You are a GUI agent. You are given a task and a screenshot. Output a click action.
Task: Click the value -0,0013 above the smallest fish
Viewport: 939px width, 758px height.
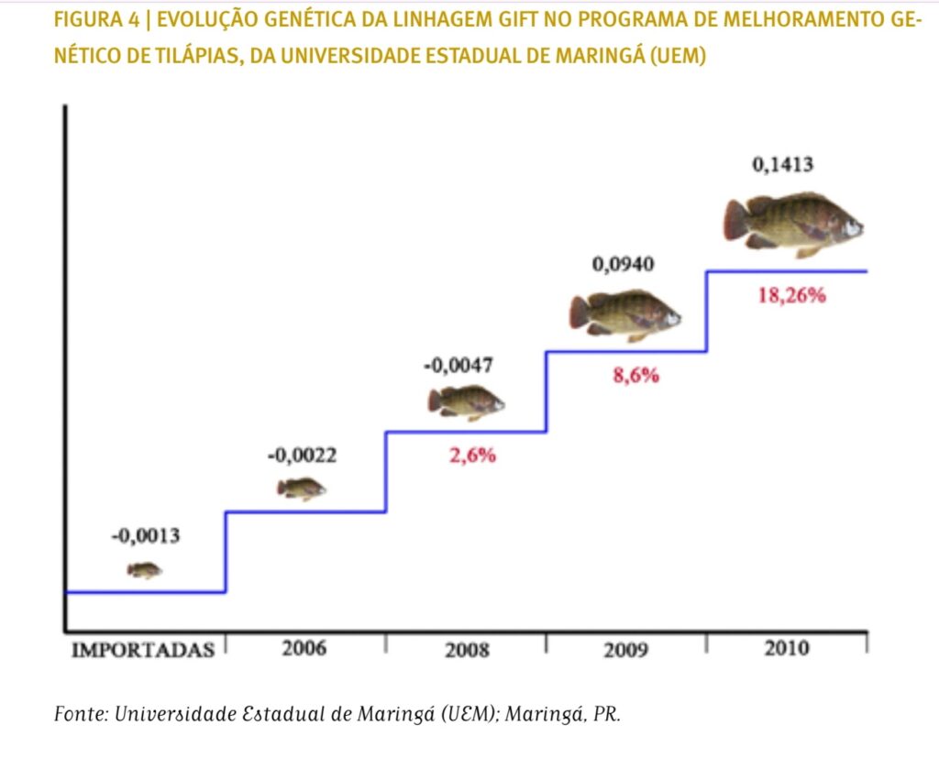coord(145,536)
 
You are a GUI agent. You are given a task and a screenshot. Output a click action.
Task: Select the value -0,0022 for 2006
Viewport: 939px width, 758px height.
coord(304,455)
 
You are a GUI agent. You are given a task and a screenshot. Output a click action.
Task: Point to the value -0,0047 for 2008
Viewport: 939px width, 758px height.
coord(458,366)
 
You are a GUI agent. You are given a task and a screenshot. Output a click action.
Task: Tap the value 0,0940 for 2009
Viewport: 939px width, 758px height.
coord(624,265)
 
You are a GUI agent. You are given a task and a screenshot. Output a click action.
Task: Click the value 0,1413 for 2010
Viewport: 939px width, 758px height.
coord(782,165)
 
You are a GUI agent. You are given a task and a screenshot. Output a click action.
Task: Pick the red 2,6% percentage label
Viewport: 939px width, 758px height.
coord(472,456)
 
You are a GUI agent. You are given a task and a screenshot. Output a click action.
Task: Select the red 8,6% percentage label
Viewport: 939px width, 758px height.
coord(635,375)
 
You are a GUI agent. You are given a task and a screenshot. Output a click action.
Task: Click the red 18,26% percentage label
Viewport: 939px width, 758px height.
coord(791,296)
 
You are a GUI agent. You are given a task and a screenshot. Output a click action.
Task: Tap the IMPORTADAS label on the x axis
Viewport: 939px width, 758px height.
coord(143,651)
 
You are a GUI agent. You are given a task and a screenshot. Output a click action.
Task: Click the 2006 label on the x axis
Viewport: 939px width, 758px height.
coord(304,649)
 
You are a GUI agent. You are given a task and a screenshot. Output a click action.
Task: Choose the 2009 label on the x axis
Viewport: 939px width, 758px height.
coord(625,651)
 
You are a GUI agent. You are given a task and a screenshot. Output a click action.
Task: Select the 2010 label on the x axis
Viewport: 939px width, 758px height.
coord(786,649)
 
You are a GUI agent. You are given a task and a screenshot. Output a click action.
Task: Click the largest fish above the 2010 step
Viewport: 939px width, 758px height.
coord(793,225)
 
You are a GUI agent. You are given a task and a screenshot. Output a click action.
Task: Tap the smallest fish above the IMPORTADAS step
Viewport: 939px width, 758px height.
coord(144,570)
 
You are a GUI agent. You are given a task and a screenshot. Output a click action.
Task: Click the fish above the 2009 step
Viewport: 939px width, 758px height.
coord(625,314)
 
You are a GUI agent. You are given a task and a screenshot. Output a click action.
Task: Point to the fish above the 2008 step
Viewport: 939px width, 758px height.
coord(466,401)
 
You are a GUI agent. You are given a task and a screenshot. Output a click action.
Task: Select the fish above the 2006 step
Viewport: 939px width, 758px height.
coord(302,489)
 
